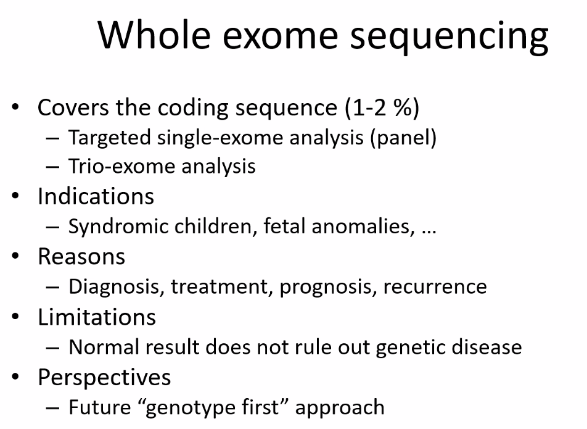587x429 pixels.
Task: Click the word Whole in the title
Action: point(154,35)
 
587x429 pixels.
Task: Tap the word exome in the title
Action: point(281,38)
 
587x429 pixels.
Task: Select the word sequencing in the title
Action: point(449,38)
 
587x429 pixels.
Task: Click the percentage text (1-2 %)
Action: point(382,108)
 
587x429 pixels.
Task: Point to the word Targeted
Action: point(110,138)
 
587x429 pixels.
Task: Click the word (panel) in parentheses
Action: point(403,138)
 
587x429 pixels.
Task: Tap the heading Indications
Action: point(96,196)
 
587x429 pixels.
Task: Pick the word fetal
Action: point(284,226)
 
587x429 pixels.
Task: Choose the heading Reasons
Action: point(81,257)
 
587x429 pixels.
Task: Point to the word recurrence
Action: point(435,288)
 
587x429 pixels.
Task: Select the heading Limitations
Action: point(97,317)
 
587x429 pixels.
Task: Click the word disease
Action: point(486,347)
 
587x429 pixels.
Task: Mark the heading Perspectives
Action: point(104,378)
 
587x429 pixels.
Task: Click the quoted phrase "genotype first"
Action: point(213,408)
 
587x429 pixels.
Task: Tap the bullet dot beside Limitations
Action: point(15,317)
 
